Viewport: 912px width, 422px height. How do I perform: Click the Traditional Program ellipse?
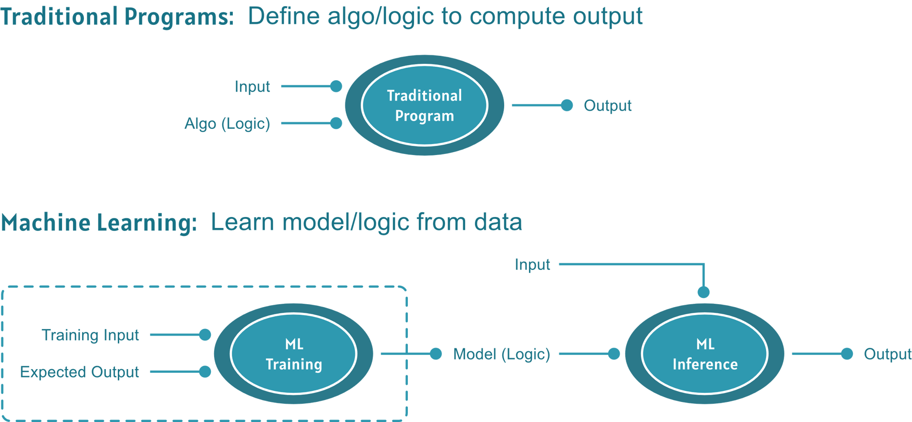424,105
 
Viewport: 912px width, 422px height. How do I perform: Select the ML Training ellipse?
293,354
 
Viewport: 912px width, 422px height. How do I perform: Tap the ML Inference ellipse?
705,354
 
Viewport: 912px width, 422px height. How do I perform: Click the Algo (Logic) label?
227,124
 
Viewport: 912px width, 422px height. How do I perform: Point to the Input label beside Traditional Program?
252,87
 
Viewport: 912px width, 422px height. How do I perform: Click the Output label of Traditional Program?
608,105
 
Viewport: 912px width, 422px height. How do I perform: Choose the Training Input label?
90,335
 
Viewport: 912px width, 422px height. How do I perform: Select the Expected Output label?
79,372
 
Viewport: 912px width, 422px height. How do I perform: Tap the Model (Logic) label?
501,354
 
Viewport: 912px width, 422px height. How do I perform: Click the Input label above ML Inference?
532,265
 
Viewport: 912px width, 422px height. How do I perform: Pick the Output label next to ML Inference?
887,354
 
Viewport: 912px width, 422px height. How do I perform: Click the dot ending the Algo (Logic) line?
336,123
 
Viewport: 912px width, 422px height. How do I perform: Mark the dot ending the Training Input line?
205,335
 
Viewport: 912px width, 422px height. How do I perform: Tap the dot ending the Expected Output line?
205,371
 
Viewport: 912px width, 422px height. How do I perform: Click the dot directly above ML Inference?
704,292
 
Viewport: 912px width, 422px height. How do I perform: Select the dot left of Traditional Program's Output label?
567,105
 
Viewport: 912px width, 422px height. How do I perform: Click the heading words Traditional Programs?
117,17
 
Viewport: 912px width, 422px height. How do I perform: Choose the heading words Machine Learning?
98,223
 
